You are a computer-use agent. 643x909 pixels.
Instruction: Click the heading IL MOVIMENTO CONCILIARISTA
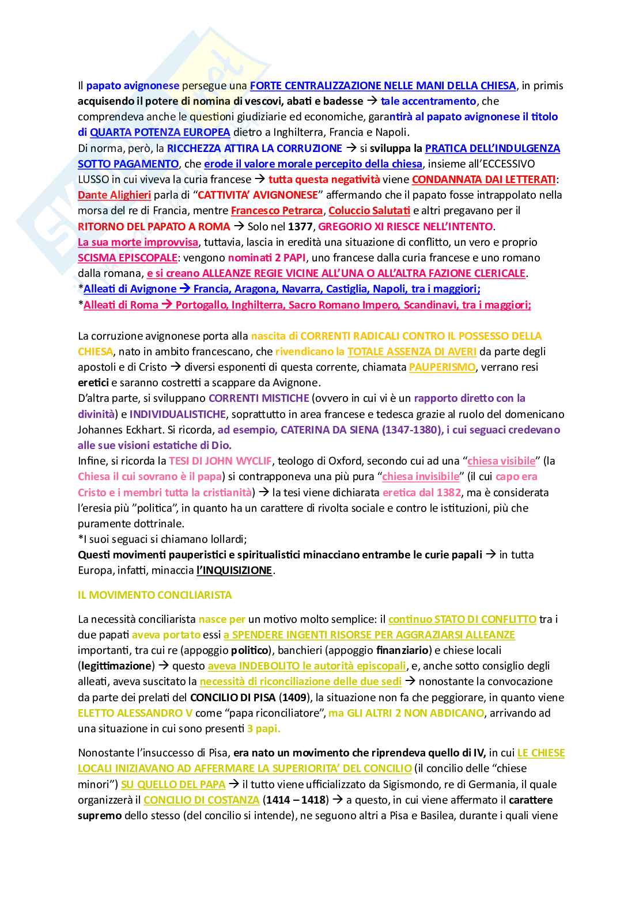point(154,595)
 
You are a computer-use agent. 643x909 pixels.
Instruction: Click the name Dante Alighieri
point(114,195)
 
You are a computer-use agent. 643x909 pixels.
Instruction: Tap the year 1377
point(300,227)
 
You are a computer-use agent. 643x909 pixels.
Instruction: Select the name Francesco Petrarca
point(277,211)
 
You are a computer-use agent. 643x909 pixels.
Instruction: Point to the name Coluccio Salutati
point(369,211)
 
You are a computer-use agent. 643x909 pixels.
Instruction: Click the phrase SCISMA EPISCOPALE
point(127,258)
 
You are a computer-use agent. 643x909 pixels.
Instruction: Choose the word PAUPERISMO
point(442,367)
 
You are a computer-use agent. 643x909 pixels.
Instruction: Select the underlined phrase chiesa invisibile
point(421,477)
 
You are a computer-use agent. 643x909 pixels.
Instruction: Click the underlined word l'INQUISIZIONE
point(234,570)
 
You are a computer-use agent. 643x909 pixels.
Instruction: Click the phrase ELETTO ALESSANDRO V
point(135,713)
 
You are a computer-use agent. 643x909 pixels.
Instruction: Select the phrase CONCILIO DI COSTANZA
point(201,800)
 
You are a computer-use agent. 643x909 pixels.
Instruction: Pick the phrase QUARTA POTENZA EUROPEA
point(160,132)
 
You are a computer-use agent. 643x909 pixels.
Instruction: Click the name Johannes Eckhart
point(119,430)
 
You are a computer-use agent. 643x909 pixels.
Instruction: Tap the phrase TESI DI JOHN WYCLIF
point(220,461)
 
